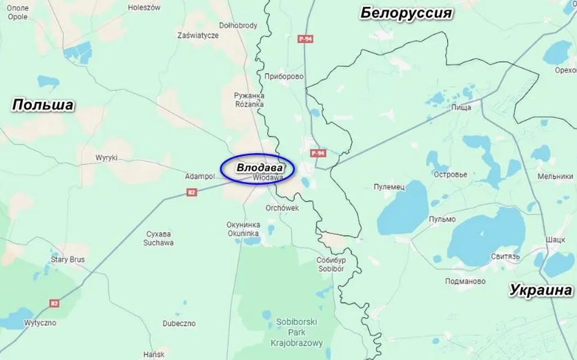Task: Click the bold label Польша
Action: coord(43,105)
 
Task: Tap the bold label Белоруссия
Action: coord(406,13)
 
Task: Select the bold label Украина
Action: coord(541,290)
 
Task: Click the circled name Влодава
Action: coord(257,168)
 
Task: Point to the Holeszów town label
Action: coord(144,8)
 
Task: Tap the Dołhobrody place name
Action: coord(238,26)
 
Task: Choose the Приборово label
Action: coord(284,77)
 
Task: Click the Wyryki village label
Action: coord(106,158)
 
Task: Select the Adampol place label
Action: coord(199,177)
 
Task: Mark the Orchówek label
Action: coord(282,208)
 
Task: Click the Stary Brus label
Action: coord(68,260)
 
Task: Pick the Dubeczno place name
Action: coord(179,323)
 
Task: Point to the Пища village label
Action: coord(460,108)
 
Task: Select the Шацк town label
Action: coord(555,239)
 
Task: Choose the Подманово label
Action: coord(465,281)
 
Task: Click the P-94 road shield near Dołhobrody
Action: coord(306,39)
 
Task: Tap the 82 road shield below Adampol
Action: coord(192,192)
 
